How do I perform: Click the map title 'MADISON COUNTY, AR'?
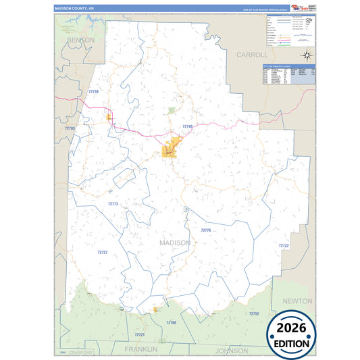point(75,9)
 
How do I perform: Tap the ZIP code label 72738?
point(93,92)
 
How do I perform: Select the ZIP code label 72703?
point(70,128)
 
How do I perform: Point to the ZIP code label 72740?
point(188,126)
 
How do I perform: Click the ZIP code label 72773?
point(113,203)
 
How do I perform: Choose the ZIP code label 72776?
point(206,230)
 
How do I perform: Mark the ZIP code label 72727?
point(103,252)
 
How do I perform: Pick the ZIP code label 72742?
point(284,246)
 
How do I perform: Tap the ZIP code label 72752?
point(253,313)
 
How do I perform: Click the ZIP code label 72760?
point(171,323)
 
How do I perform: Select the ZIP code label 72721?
point(140,334)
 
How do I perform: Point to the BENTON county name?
point(80,41)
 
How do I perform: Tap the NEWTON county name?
point(298,301)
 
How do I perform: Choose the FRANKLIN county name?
point(140,349)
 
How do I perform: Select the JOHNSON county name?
point(232,351)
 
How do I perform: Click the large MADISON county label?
point(175,242)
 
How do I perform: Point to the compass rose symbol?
point(306,55)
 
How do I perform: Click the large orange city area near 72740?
point(172,147)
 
